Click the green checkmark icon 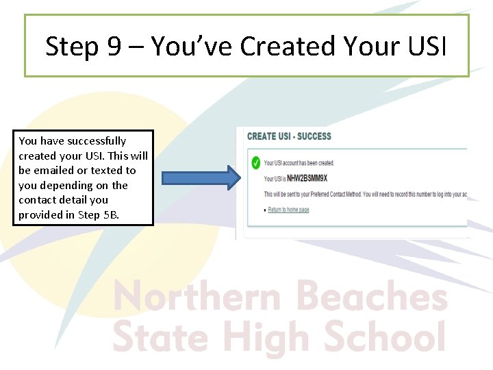[x=255, y=163]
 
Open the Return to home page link [x=288, y=210]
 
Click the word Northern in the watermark [x=197, y=298]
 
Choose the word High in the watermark [x=267, y=337]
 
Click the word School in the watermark [x=383, y=337]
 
